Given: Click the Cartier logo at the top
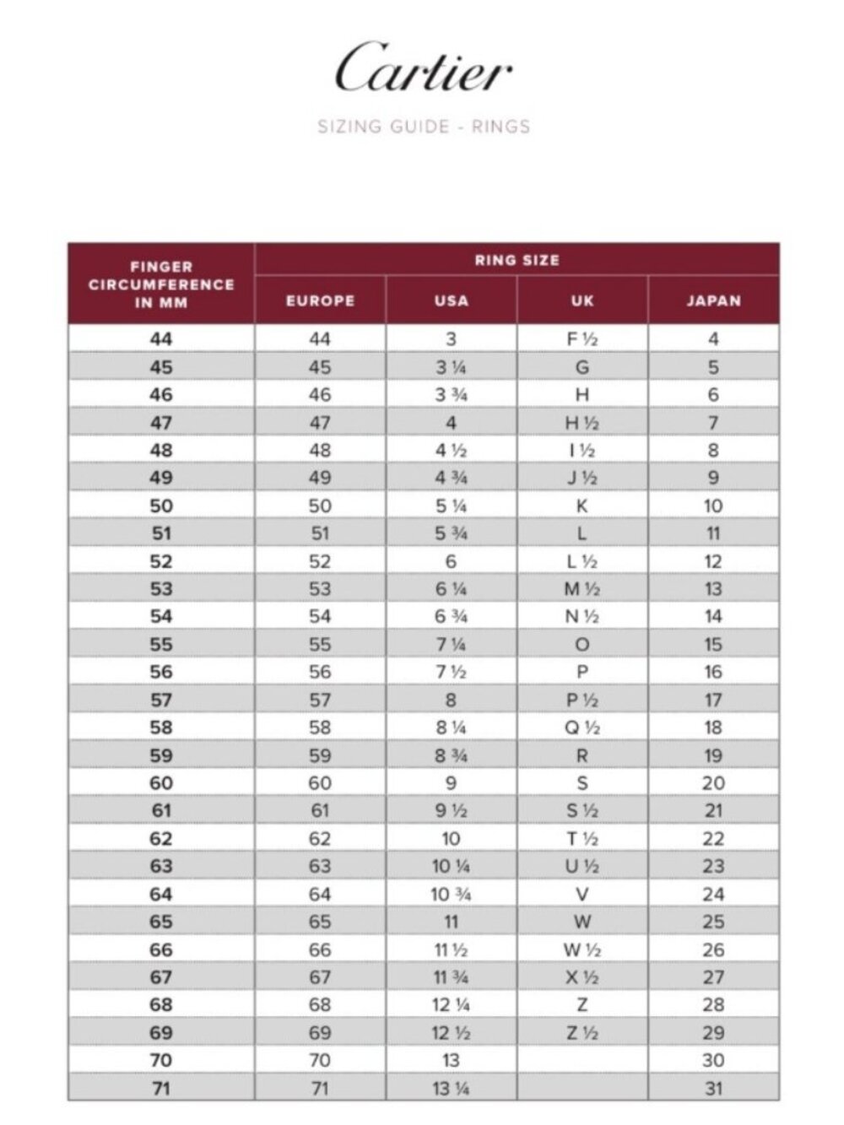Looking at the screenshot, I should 423,68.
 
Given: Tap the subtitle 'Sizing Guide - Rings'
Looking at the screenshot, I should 423,127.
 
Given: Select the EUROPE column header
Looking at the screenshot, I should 320,300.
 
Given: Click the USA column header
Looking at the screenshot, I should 451,300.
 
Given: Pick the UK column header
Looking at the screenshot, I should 582,300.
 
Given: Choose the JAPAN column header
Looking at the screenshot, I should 713,300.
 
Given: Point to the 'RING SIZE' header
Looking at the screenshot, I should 517,260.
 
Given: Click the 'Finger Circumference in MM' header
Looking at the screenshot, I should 161,284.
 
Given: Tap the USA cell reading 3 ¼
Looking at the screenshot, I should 451,367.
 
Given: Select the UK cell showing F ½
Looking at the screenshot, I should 582,339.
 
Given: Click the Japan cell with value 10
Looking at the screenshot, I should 713,506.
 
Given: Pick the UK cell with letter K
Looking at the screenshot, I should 582,506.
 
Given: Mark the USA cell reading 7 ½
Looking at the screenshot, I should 451,672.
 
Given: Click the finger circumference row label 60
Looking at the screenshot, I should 161,783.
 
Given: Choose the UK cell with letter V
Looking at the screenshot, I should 582,894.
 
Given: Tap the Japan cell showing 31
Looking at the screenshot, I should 713,1088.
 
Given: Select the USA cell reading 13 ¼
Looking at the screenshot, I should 451,1088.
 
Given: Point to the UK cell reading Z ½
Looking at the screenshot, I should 582,1032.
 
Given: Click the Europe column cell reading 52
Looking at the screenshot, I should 320,561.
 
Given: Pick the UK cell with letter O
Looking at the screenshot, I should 582,645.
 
